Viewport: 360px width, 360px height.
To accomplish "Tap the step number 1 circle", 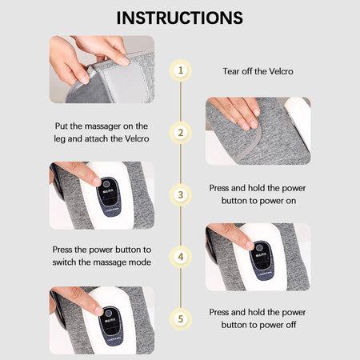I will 181,70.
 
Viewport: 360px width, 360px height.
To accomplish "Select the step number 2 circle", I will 181,133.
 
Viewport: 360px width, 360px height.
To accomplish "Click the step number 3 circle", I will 181,194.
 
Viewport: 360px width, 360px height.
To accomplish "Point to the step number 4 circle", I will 181,257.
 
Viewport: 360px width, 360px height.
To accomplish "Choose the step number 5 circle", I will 181,318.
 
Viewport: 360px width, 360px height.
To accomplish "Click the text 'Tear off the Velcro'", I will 258,71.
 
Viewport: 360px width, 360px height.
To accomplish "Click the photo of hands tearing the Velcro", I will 102,69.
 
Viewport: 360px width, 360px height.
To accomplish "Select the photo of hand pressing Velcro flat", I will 257,130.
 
